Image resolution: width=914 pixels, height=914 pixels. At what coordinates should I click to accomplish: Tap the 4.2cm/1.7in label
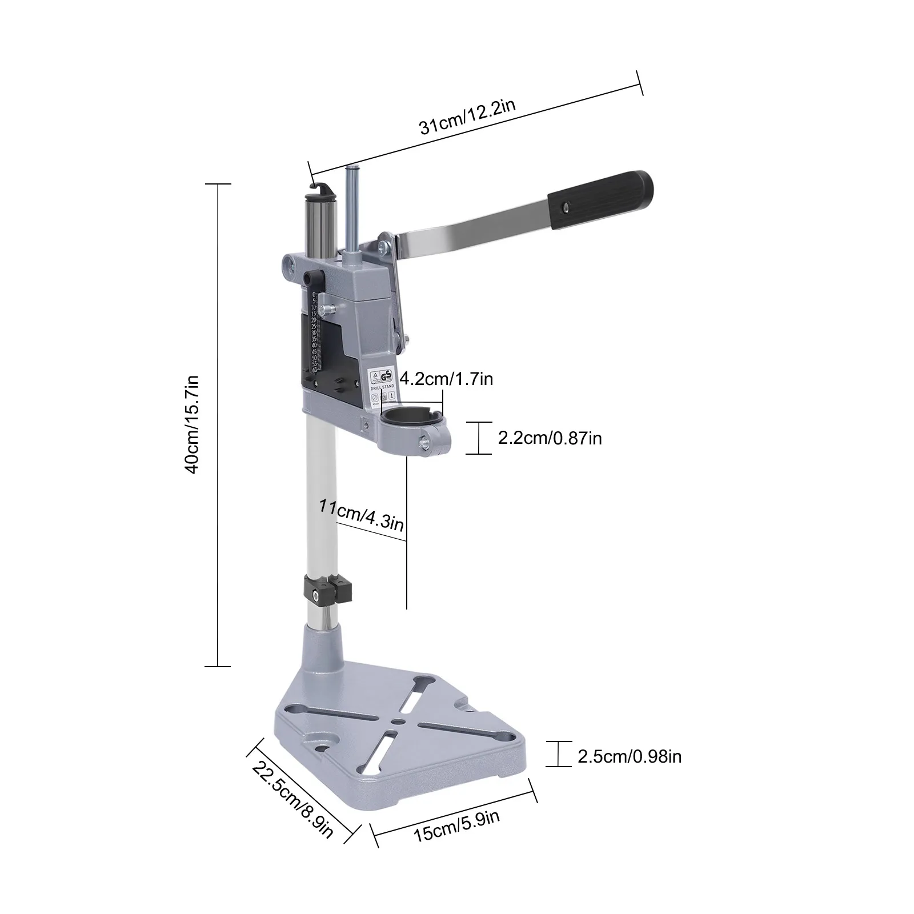[x=446, y=378]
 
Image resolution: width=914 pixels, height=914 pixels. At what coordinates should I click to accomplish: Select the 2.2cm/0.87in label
[x=550, y=438]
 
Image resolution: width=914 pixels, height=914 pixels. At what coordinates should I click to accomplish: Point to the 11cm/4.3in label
[x=362, y=514]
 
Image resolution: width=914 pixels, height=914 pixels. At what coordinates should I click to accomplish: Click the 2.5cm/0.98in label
[x=629, y=756]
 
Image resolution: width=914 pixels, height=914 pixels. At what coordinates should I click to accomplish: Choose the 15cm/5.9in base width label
[x=456, y=825]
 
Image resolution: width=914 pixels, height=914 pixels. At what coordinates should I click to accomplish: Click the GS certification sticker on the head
[x=381, y=378]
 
